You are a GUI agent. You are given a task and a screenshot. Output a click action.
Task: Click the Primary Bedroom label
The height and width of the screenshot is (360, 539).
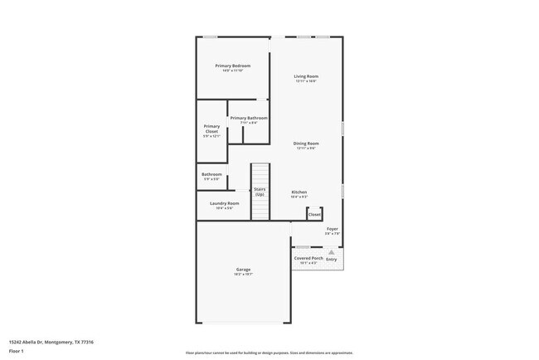click(x=232, y=66)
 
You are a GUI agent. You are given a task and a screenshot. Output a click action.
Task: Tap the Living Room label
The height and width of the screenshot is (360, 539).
click(x=306, y=77)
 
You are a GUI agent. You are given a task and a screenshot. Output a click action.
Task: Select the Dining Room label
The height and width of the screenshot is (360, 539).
click(x=306, y=144)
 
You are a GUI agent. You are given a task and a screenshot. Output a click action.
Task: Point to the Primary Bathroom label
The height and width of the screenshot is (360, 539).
click(x=249, y=118)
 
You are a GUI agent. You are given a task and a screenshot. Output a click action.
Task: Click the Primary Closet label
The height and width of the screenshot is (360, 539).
click(x=211, y=129)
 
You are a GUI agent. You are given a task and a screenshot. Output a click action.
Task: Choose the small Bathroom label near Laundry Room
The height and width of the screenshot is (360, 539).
click(x=211, y=174)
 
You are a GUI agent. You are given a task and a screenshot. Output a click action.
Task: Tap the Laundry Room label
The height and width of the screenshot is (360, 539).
click(x=224, y=203)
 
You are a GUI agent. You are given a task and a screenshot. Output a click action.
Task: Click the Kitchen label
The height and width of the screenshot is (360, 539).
click(x=299, y=192)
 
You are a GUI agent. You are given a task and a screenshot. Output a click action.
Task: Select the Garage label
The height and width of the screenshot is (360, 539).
click(x=243, y=270)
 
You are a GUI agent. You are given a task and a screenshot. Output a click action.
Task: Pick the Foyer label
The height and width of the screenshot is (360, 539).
click(x=332, y=229)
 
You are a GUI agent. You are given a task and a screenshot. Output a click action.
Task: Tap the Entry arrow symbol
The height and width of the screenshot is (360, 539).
click(x=332, y=251)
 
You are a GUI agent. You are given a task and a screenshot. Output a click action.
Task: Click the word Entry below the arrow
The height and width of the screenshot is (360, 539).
click(x=332, y=259)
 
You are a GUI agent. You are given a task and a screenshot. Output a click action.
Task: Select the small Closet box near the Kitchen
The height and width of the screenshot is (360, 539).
click(x=314, y=214)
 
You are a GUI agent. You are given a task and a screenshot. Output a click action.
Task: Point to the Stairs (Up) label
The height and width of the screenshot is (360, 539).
click(x=260, y=192)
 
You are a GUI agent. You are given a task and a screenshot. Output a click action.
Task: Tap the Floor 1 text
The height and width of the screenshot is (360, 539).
click(x=17, y=352)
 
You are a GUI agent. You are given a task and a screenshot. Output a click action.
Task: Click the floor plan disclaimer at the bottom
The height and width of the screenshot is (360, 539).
click(x=269, y=352)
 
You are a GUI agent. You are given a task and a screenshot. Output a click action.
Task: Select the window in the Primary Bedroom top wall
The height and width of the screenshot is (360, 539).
click(x=211, y=36)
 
